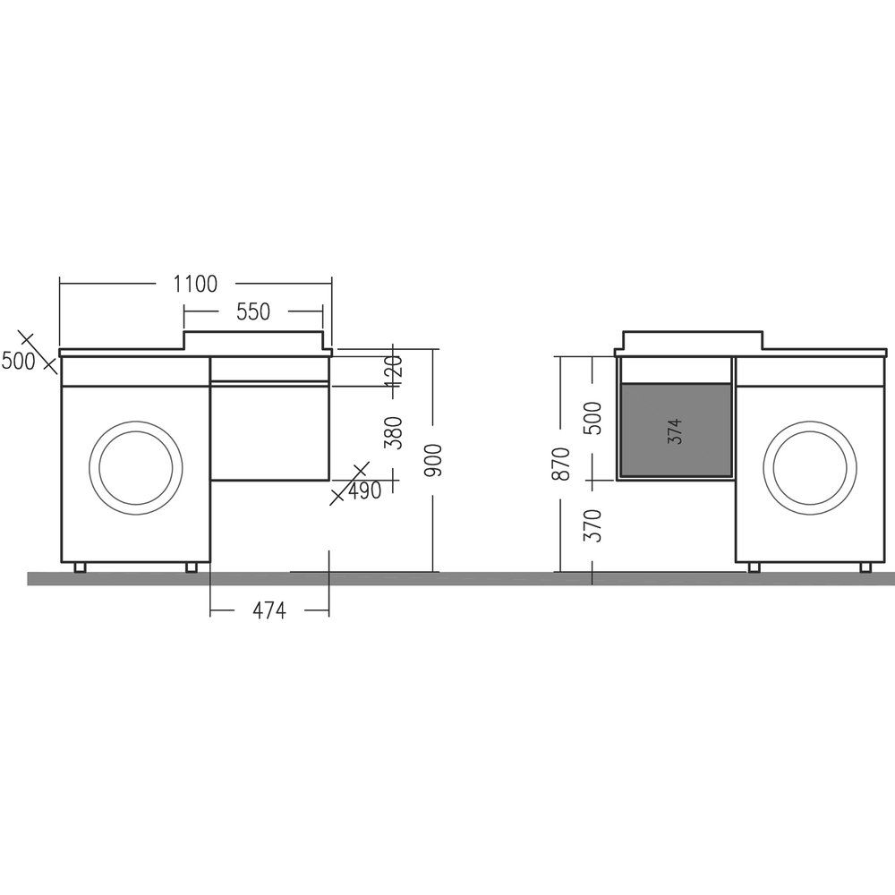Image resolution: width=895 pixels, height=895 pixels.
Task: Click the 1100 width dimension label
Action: point(196,284)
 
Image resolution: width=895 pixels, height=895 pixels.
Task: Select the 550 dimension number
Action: point(253,311)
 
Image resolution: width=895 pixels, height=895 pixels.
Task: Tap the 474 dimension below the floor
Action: point(268,610)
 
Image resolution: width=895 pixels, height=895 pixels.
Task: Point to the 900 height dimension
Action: point(434,460)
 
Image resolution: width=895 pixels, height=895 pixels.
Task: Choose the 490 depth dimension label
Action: point(364,490)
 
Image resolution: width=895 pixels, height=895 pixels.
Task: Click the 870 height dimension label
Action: point(562,464)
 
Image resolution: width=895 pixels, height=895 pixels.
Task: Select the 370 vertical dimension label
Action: point(593,525)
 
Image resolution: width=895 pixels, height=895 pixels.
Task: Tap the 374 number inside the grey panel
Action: point(675,431)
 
